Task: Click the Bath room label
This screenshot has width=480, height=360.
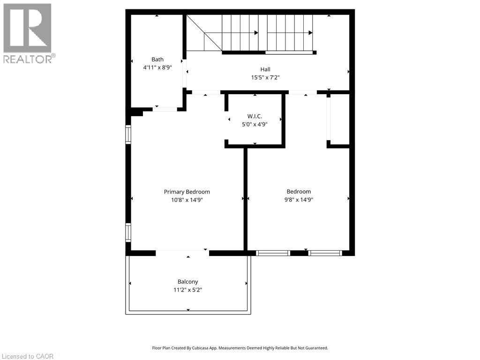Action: click(157, 60)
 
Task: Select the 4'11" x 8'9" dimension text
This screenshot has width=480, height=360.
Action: click(157, 67)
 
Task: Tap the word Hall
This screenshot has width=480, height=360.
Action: click(265, 69)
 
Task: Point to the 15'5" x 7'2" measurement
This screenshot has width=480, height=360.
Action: click(265, 78)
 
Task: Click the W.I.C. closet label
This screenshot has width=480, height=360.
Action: click(255, 116)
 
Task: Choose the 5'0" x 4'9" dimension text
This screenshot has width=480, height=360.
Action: click(255, 125)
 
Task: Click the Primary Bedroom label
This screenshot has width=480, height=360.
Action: click(187, 192)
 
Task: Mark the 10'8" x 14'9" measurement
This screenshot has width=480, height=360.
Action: click(187, 200)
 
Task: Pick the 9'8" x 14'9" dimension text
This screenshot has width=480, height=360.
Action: click(299, 200)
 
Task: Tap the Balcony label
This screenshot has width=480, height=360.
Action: click(187, 282)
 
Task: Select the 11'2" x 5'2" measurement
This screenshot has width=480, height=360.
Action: click(187, 290)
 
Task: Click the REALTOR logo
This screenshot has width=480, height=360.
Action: click(28, 33)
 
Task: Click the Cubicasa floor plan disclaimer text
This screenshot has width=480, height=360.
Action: click(240, 348)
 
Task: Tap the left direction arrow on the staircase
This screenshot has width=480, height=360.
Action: click(256, 33)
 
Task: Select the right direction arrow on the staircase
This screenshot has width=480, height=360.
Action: click(311, 33)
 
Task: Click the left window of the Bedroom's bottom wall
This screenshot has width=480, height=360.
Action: click(273, 253)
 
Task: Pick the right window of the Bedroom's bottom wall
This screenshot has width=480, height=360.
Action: click(325, 253)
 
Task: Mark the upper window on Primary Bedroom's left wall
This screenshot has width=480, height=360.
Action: click(128, 134)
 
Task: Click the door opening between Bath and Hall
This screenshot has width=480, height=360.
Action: click(185, 74)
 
